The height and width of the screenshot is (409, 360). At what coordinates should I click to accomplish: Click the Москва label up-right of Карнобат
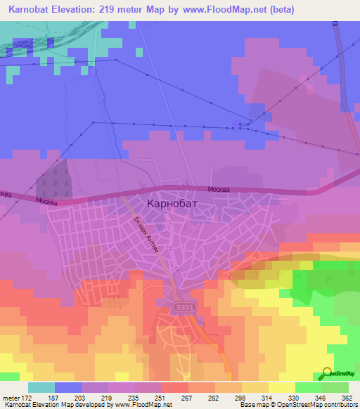[219, 190]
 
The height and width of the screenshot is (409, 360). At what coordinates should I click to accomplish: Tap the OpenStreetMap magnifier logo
[328, 373]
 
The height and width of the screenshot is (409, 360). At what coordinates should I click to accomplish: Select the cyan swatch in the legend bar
[41, 387]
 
